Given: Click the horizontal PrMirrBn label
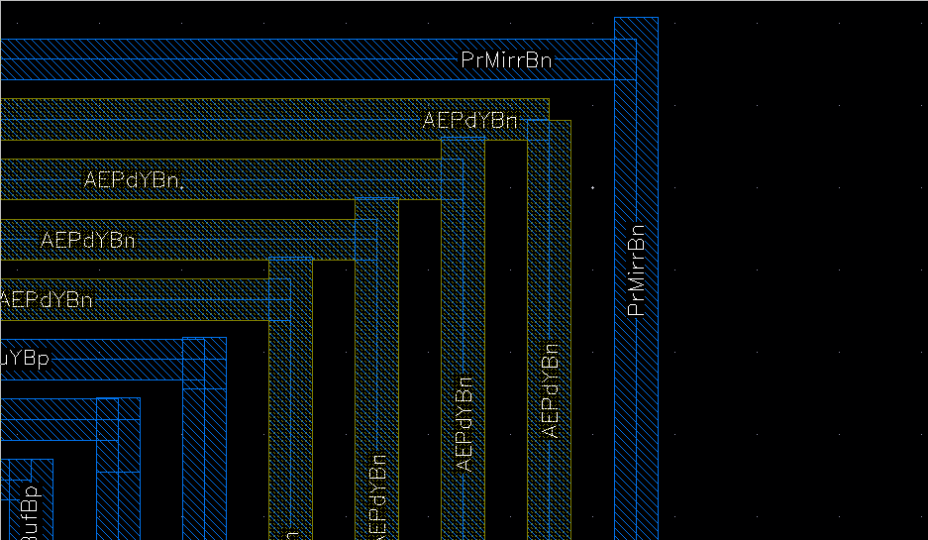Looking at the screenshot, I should [506, 60].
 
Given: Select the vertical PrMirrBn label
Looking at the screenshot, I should [637, 270].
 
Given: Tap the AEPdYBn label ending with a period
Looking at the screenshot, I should [135, 180].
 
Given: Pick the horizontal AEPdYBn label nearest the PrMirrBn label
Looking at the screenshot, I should [470, 121].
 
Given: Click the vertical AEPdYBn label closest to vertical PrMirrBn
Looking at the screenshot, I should [552, 390].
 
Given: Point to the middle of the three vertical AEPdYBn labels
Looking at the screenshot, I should [464, 423].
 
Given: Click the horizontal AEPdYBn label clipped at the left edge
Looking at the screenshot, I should [47, 300].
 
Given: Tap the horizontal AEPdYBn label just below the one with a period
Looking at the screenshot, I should [88, 241].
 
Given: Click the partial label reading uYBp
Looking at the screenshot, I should [24, 359].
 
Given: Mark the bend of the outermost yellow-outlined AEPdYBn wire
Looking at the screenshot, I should [549, 120].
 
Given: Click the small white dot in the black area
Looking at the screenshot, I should [593, 186].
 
